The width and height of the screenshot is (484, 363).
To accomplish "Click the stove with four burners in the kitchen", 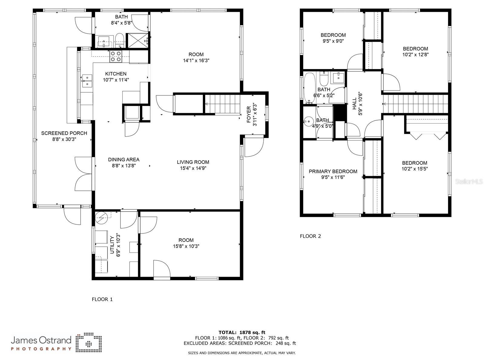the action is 116,56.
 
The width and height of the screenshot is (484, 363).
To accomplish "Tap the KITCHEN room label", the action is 116,74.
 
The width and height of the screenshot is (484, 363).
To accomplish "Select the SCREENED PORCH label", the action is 64,133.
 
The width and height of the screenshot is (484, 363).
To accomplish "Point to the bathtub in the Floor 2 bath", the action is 310,88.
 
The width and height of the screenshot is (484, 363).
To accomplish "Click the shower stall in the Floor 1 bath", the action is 138,40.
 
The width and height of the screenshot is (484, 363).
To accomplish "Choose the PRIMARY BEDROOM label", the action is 333,171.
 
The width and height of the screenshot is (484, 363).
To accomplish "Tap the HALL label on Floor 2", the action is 354,104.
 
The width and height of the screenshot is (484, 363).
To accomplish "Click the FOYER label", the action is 249,114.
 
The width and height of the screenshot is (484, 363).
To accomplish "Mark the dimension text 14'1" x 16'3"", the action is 196,61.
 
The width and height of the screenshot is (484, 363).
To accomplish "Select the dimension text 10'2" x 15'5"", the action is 415,169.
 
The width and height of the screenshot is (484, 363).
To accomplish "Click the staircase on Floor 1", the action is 222,104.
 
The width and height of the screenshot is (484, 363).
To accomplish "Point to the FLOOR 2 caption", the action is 310,236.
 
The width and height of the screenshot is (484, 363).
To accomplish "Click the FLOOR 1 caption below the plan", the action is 102,299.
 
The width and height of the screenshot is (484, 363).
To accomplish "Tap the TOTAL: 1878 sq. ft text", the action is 242,332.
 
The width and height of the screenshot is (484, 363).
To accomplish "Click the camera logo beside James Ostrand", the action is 89,342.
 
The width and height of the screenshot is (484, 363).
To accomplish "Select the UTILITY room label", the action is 112,245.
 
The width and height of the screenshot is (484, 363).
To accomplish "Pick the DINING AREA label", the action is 124,160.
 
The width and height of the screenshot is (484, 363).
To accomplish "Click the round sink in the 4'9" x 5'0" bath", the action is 308,121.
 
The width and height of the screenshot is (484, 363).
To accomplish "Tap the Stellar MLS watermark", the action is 469,182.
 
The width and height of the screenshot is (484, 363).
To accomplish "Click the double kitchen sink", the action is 87,81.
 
